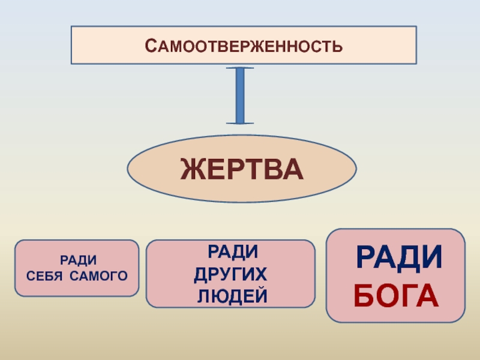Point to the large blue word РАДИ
tap(400, 259)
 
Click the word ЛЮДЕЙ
tap(232, 296)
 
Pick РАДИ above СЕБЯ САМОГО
tap(77, 260)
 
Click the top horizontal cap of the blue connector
tap(240, 67)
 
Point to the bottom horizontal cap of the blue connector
tap(240, 123)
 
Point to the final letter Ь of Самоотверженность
tap(339, 46)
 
